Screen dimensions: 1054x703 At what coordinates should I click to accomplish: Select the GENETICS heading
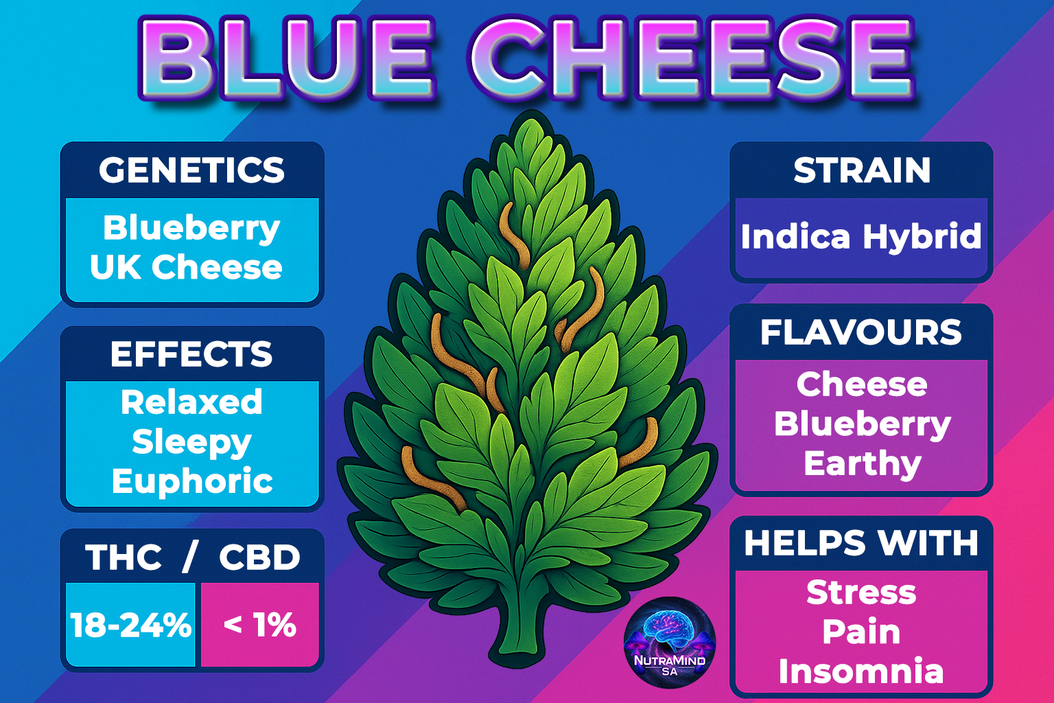coord(192,170)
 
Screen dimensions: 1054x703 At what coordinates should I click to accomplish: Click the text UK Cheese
coord(187,267)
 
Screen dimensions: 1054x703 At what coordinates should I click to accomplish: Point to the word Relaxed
coord(191,402)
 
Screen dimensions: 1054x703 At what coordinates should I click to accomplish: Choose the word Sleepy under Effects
coord(191,443)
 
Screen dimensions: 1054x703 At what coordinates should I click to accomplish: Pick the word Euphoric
coord(192,482)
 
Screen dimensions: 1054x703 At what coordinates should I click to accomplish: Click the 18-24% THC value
coord(131,625)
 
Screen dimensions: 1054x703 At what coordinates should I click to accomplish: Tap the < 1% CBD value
coord(260,625)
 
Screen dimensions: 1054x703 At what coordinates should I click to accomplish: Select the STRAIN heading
coord(862,170)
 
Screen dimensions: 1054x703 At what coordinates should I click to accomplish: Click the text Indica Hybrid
coord(861,236)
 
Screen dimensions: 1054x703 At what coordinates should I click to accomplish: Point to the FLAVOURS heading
coord(861,332)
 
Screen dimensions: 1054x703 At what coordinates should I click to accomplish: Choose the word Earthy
coord(862,464)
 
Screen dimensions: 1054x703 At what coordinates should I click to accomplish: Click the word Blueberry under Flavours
coord(862,425)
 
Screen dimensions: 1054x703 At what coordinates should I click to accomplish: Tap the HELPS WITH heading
coord(861,543)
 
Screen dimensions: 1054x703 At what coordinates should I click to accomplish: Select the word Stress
coord(861,592)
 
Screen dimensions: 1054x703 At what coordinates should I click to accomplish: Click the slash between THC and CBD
coord(189,557)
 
